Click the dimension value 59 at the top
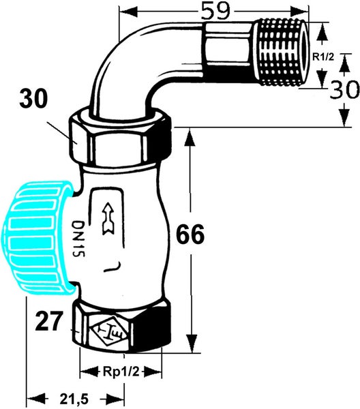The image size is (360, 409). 216,12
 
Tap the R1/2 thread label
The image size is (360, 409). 323,57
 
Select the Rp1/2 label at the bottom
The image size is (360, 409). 121,372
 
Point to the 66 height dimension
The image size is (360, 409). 190,234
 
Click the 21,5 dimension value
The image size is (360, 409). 74,399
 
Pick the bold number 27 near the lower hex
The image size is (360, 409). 49,321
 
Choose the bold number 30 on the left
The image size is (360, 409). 33,99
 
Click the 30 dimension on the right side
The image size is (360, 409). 344,89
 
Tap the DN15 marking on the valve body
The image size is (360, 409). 78,239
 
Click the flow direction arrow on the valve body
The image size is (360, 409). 107,218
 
